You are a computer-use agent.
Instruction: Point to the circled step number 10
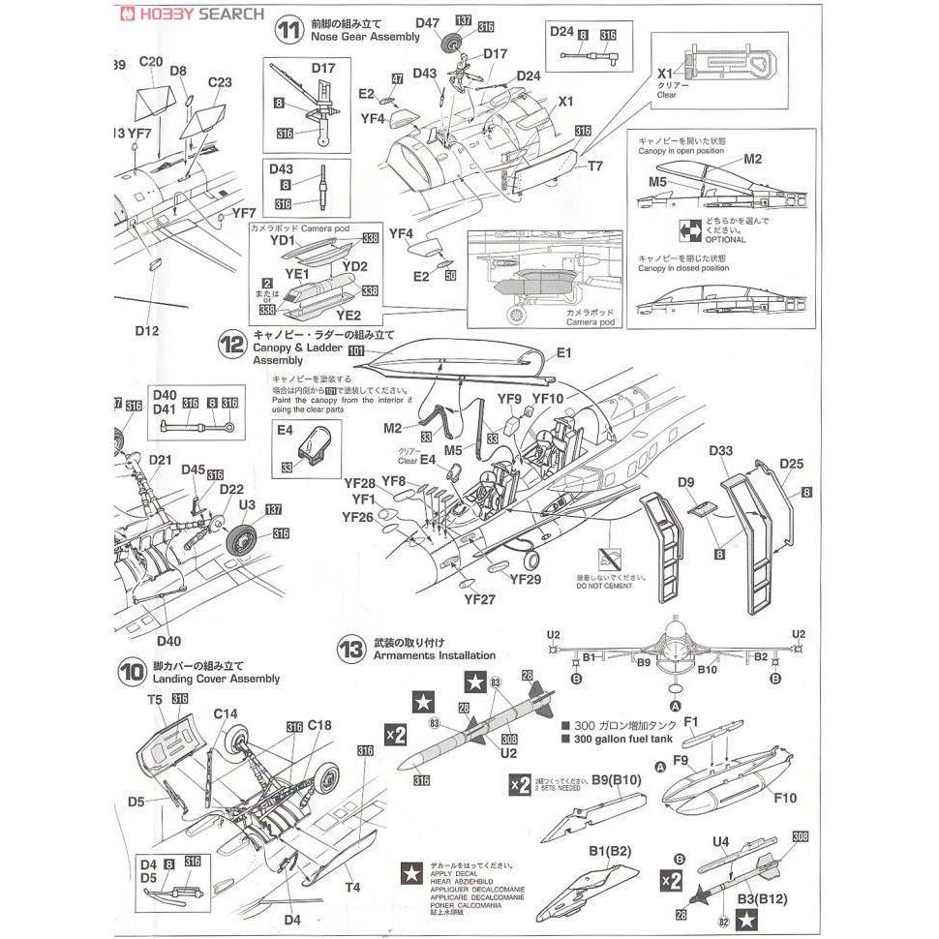pos(133,671)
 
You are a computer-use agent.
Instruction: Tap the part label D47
pos(428,21)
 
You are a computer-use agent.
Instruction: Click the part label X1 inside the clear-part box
pos(664,74)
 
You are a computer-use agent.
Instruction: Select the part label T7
pos(594,167)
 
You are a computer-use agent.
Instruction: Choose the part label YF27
pos(479,599)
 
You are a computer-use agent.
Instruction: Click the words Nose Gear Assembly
pos(366,37)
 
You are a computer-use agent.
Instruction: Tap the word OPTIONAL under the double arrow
pos(718,239)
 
